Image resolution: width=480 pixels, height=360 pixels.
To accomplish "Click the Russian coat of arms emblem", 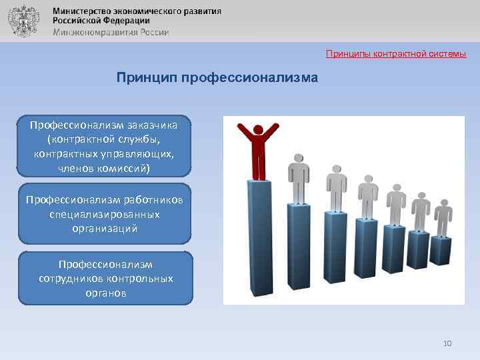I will [23, 21].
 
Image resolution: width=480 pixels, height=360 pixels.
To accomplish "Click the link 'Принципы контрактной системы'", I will [396, 53].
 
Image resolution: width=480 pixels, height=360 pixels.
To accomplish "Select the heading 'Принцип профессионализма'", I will [217, 78].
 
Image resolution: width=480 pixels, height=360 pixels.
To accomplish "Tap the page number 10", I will [447, 343].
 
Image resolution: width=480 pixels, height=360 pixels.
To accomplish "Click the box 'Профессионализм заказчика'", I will [105, 146].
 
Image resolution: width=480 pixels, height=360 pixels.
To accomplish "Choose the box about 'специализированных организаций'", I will [105, 214].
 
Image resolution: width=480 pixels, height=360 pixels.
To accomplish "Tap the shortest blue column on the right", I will [441, 251].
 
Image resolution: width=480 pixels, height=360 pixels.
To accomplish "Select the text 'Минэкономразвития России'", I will [111, 32].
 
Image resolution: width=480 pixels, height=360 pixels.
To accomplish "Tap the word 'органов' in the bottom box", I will [105, 293].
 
